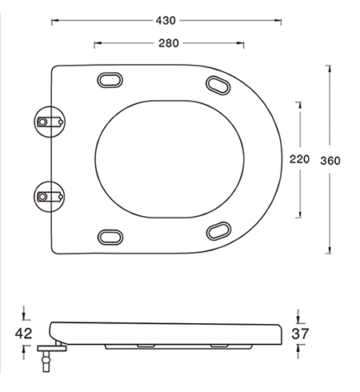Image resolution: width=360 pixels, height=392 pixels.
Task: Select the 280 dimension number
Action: pyautogui.click(x=167, y=43)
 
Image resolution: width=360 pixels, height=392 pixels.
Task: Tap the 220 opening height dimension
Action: pyautogui.click(x=299, y=159)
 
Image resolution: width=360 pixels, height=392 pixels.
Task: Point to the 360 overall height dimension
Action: pyautogui.click(x=330, y=160)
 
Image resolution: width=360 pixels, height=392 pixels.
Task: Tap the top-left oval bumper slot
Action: pyautogui.click(x=110, y=79)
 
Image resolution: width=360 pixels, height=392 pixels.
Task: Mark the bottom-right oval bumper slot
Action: pyautogui.click(x=216, y=232)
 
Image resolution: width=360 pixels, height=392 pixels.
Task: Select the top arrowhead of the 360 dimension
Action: pyautogui.click(x=330, y=67)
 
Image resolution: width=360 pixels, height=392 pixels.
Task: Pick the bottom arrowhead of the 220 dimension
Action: pyautogui.click(x=299, y=214)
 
